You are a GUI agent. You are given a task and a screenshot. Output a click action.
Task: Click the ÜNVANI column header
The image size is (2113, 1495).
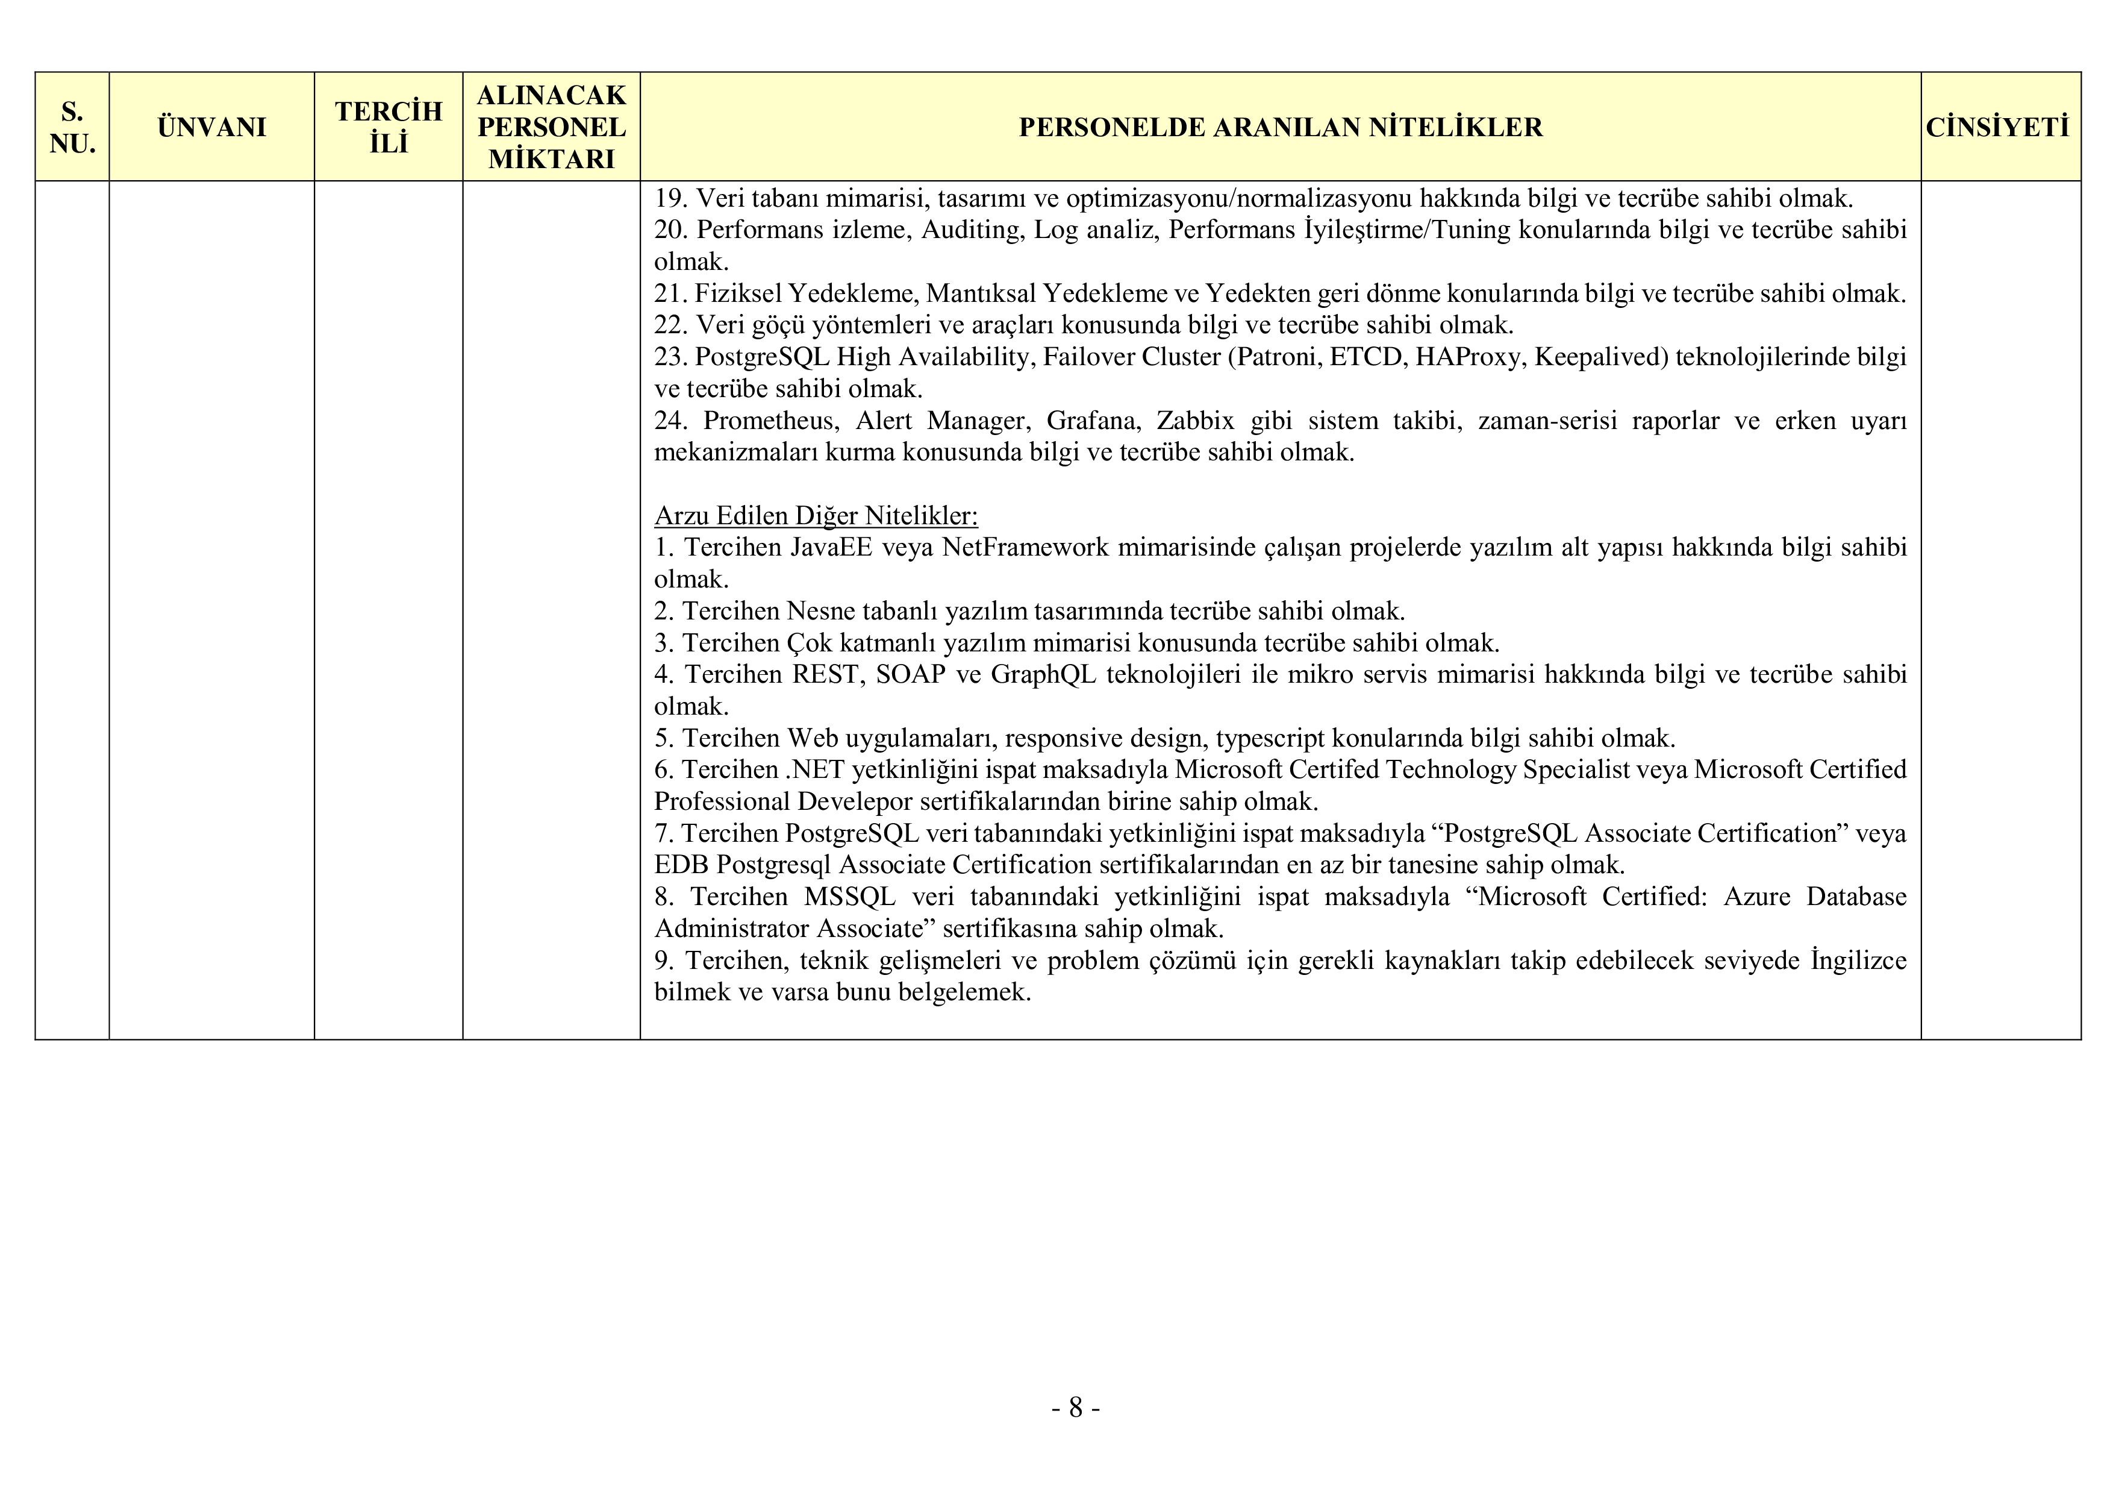[x=211, y=127]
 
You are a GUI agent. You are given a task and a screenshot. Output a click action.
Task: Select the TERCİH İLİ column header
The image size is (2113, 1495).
[x=389, y=127]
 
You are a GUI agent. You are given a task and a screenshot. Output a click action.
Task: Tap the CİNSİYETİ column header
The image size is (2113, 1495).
[x=1999, y=127]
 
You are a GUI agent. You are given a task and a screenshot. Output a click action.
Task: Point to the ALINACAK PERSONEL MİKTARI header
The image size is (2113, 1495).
[x=551, y=127]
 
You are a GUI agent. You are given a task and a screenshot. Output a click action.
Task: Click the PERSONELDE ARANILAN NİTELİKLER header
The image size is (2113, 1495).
[x=1280, y=127]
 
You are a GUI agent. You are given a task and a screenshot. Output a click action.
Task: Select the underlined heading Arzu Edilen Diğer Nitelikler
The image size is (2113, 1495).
[x=816, y=516]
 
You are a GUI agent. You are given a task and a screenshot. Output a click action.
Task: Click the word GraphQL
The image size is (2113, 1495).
[x=1043, y=675]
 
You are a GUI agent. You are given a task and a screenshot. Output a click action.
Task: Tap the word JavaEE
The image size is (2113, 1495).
[x=831, y=548]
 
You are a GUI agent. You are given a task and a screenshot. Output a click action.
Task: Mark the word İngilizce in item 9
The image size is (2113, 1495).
[x=1858, y=960]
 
